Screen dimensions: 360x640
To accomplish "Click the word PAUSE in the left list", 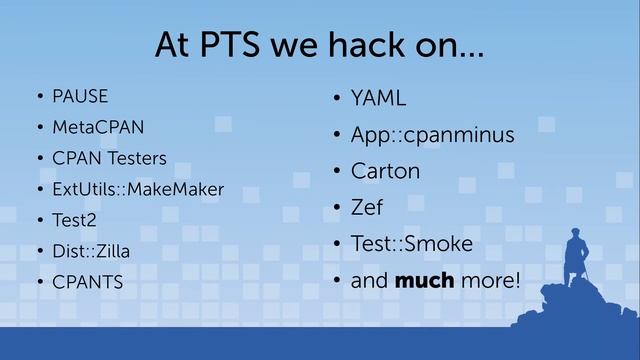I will (81, 97).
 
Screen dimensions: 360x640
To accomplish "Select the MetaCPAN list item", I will (99, 128).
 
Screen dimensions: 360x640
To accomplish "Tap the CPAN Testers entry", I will (110, 159).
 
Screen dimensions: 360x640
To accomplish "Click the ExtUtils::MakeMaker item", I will (138, 189).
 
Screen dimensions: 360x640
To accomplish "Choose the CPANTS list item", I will (89, 282).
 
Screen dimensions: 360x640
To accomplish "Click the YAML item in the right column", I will (379, 98).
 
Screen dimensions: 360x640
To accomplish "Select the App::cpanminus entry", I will (432, 134).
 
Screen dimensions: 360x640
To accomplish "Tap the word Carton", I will (385, 171).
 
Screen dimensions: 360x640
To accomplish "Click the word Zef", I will (367, 208).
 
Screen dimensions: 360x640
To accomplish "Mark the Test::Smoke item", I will (411, 244).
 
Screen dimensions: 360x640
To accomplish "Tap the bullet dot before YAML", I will (337, 99).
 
